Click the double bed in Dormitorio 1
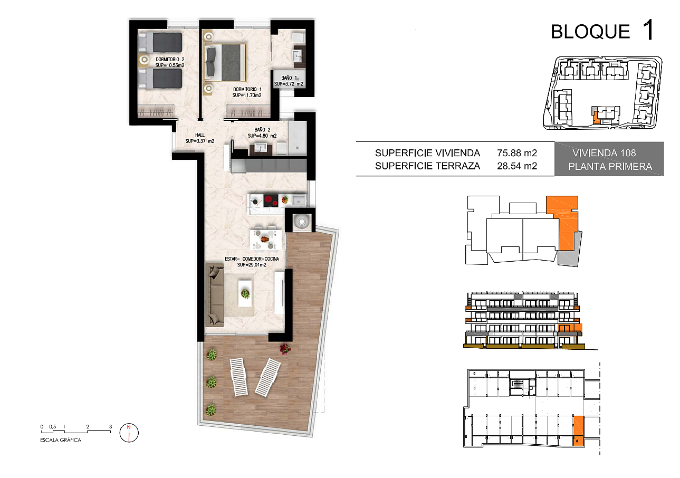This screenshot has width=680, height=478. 225,63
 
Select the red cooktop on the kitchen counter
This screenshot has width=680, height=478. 271,200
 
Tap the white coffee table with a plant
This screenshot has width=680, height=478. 245,293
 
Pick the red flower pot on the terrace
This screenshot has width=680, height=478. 285,349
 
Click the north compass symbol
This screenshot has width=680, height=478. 129,433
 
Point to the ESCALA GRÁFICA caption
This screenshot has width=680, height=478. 61,440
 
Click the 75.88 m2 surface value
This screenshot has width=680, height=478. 517,153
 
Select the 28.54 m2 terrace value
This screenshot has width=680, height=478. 517,166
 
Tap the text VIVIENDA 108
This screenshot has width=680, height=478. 604,153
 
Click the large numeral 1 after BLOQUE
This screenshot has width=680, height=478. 649,30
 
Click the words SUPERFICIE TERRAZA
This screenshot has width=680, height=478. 427,166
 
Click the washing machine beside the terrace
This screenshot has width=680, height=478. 302,222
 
